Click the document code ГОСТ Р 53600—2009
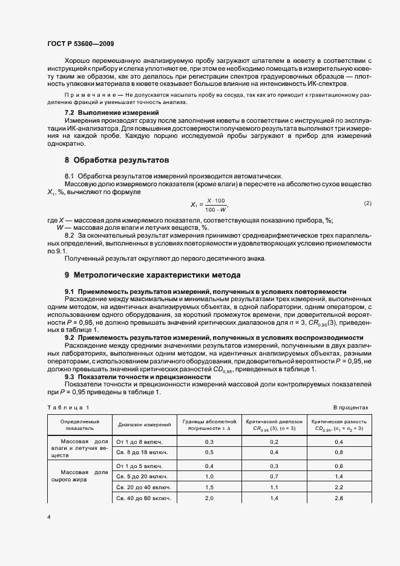(x=80, y=44)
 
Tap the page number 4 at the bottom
(x=48, y=518)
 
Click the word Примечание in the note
(x=88, y=96)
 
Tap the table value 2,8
(x=338, y=498)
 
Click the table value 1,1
(x=274, y=487)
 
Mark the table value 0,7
(x=274, y=476)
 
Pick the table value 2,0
(x=209, y=498)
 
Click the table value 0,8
(x=338, y=452)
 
